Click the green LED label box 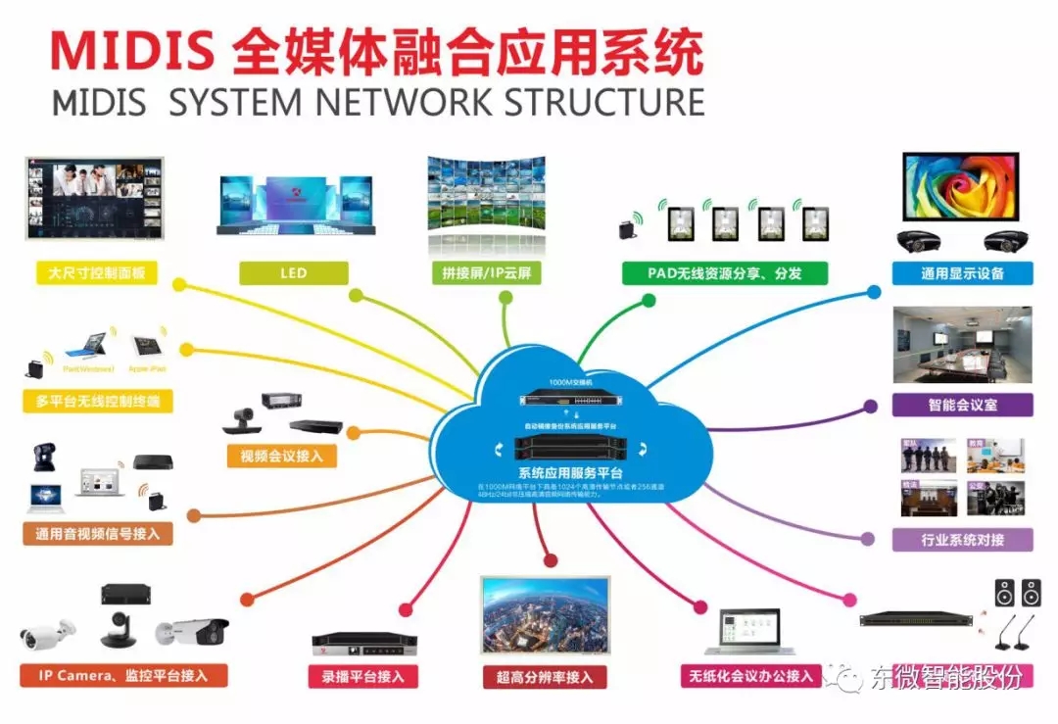pos(293,272)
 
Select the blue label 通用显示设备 pos(962,272)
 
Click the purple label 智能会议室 pos(962,405)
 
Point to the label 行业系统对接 pos(962,539)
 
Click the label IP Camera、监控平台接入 pos(124,675)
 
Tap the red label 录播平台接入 pos(363,676)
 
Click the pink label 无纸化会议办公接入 pos(750,676)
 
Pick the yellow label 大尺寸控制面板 pos(96,272)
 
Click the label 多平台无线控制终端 pos(96,401)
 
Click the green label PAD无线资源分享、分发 pos(724,272)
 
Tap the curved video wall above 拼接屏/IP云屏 pos(486,206)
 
